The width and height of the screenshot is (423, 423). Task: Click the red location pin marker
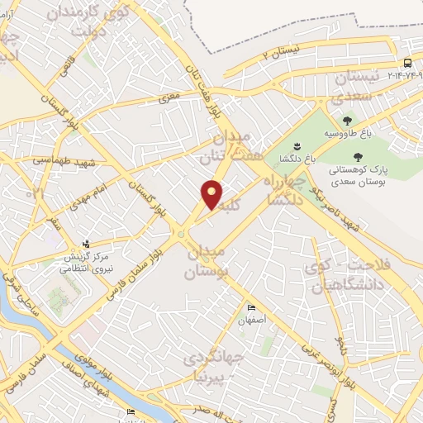[212, 195]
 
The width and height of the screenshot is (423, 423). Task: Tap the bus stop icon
[407, 64]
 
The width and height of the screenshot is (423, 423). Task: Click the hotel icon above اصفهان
[252, 308]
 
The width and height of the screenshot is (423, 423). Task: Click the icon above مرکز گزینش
[85, 244]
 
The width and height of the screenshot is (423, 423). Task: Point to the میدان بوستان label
[207, 260]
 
